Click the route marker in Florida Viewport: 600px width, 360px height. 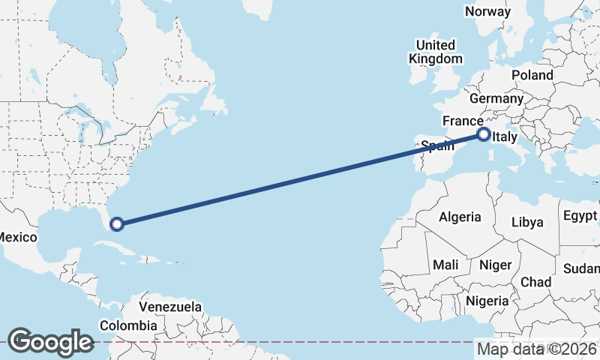(x=117, y=223)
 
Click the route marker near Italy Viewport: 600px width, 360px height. (x=484, y=135)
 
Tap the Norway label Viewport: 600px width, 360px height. (x=487, y=11)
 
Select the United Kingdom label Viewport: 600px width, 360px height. (x=435, y=52)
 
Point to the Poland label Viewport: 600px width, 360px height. (x=532, y=75)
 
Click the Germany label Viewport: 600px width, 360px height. (x=496, y=98)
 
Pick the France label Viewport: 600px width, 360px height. (x=463, y=121)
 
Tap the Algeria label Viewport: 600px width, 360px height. (x=460, y=217)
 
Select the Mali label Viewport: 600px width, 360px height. (x=445, y=265)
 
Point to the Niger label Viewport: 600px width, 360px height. (x=494, y=265)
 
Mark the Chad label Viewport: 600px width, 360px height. (x=535, y=282)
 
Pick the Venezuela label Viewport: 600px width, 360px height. (x=170, y=307)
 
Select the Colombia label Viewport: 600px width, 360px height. (x=128, y=325)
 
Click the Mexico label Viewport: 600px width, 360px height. (x=16, y=237)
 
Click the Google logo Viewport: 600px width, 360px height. (x=50, y=341)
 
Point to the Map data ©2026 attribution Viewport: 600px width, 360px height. (x=537, y=349)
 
